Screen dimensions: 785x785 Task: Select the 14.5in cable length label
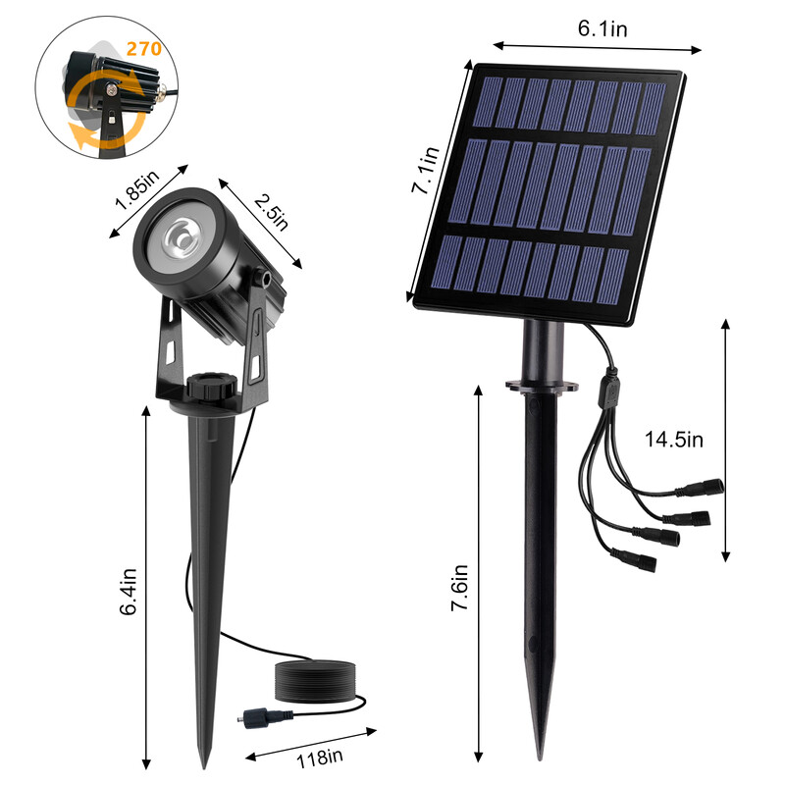(x=674, y=439)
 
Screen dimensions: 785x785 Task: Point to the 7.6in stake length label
(x=458, y=587)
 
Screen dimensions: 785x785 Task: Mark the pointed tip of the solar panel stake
(x=539, y=756)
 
